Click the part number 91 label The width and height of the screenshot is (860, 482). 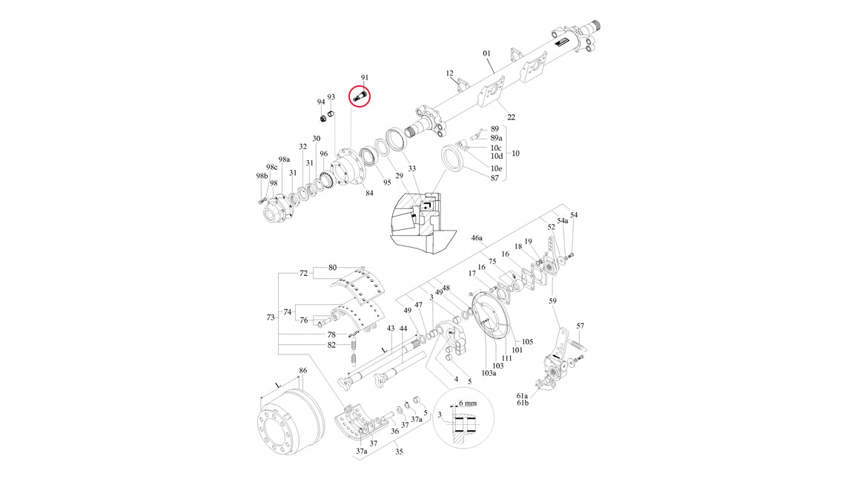point(364,78)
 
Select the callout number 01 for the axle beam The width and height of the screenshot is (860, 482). point(487,53)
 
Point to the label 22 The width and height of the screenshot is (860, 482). point(512,117)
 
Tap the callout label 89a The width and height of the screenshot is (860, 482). point(496,138)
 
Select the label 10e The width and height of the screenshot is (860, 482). point(496,169)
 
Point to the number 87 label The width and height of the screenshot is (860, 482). point(494,178)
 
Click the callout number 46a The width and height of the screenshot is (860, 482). point(477,239)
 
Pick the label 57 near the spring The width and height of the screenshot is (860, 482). point(580,326)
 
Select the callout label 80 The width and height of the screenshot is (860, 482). point(332,267)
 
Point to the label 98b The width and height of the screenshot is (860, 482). point(261,176)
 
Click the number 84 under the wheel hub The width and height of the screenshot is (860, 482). point(369,194)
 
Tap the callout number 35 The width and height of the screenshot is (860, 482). point(399,450)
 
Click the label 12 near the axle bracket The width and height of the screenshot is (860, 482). point(449,73)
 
